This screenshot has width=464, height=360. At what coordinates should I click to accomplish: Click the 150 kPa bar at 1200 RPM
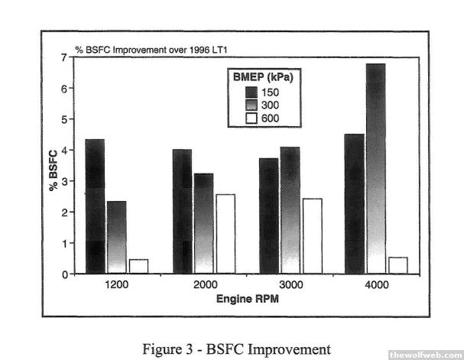point(95,206)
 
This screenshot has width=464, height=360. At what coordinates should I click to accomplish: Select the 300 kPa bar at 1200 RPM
point(116,236)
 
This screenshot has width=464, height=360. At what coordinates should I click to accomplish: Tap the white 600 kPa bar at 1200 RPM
point(138,266)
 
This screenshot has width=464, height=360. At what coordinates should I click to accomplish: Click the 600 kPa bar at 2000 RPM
point(225,233)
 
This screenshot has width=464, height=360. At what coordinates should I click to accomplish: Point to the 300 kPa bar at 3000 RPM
point(290,209)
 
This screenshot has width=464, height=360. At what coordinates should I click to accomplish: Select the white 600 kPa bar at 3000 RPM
point(311,235)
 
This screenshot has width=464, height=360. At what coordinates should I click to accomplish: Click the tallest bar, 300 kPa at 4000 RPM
point(376,167)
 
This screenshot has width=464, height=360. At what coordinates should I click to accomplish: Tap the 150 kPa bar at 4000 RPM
point(355,203)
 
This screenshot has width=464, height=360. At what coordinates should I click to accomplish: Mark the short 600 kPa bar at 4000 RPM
point(397,264)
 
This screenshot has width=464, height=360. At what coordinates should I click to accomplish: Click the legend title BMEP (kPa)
point(264,76)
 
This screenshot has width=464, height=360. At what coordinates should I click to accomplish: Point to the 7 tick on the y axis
point(67,57)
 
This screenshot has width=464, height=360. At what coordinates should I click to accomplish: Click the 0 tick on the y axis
point(67,274)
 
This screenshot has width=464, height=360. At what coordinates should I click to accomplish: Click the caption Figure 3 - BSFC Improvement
point(232,349)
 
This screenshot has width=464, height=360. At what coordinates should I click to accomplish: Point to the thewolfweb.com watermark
point(424,355)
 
